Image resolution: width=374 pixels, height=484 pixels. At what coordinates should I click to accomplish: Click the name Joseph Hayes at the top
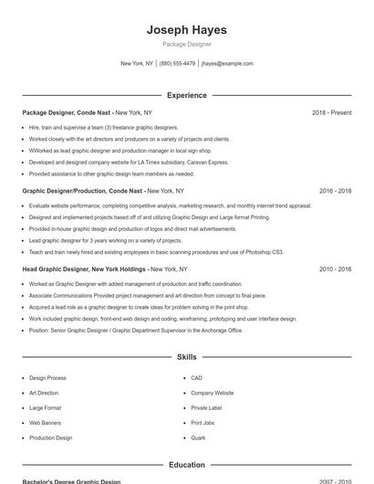[x=186, y=30]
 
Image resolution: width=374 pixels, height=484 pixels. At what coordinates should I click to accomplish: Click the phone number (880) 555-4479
[x=177, y=64]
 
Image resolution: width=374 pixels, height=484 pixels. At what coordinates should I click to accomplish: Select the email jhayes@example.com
[x=227, y=64]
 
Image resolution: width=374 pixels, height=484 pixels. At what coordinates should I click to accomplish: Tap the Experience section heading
[x=186, y=95]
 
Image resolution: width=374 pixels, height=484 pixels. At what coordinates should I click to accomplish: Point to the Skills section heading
[x=186, y=357]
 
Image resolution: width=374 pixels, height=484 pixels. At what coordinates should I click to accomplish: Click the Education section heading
[x=186, y=465]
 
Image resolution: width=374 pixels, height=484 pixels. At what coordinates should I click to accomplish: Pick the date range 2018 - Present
[x=331, y=112]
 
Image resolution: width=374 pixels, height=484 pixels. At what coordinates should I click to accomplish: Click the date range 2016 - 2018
[x=335, y=191]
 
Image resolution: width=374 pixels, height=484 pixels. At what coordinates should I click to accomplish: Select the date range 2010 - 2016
[x=335, y=269]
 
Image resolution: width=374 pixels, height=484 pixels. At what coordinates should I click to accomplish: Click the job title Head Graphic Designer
[x=57, y=269]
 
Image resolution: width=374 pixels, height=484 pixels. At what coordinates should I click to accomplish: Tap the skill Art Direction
[x=45, y=393]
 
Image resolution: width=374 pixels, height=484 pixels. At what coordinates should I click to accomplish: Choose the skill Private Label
[x=206, y=407]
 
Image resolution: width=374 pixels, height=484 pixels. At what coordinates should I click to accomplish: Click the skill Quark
[x=198, y=438]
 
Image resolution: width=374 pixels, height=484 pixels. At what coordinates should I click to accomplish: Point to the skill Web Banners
[x=46, y=423]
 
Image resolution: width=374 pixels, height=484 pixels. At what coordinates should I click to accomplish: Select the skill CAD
[x=196, y=377]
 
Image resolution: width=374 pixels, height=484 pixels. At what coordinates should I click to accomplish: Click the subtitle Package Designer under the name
[x=186, y=44]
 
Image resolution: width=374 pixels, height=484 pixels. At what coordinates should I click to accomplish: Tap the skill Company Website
[x=212, y=393]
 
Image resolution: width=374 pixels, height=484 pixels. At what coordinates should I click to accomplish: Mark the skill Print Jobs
[x=203, y=423]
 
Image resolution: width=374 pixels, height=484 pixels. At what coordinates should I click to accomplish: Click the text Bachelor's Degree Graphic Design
[x=71, y=481]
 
